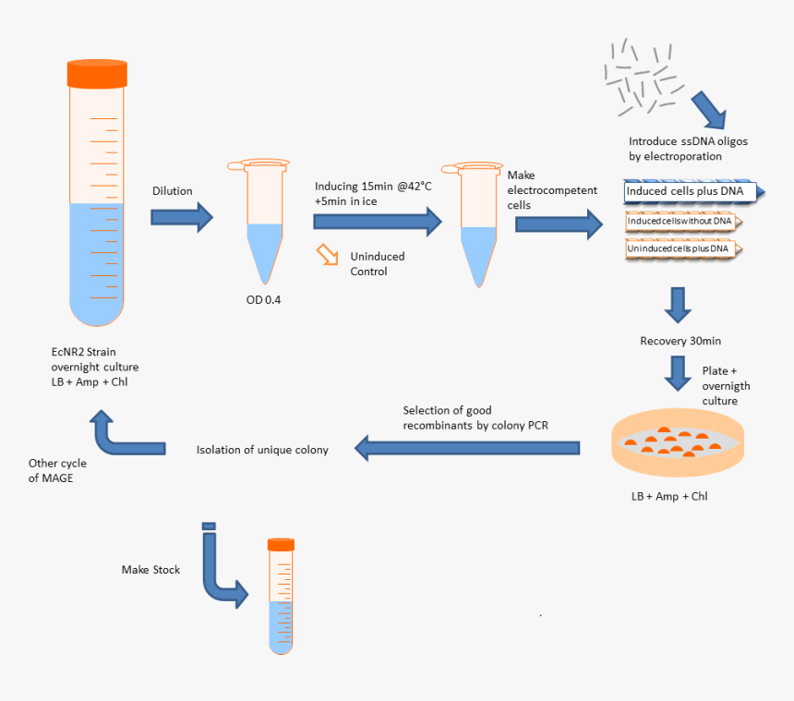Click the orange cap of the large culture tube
point(98,74)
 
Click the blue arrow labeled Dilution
point(182,218)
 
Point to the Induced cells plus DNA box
point(688,192)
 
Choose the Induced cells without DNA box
point(681,222)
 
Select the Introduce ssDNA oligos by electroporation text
point(675,149)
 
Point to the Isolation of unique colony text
point(262,450)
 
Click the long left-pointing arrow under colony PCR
point(467,449)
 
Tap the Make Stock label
point(150,570)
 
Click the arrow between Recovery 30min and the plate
point(680,372)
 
